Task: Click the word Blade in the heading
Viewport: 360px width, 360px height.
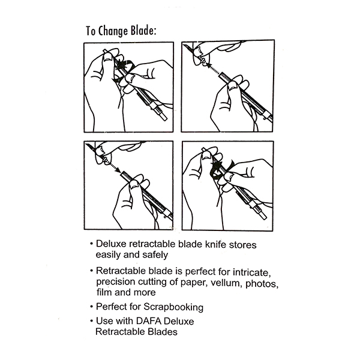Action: pos(143,31)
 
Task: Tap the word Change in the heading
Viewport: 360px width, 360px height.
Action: pos(113,31)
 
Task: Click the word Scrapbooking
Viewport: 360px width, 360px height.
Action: pos(173,307)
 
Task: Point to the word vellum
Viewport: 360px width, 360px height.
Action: pos(227,283)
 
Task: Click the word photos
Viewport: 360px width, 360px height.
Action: pos(262,284)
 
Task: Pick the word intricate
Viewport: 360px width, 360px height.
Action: pos(252,272)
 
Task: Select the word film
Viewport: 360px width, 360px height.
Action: pos(104,292)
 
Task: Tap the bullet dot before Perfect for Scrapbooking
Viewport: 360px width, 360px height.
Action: pos(92,307)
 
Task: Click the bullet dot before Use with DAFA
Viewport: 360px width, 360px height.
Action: pos(92,321)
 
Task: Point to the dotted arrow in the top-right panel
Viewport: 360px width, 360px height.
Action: pos(213,69)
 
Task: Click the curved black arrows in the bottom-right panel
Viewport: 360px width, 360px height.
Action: pos(221,169)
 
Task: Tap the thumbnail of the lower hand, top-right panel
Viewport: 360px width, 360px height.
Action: pos(233,86)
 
